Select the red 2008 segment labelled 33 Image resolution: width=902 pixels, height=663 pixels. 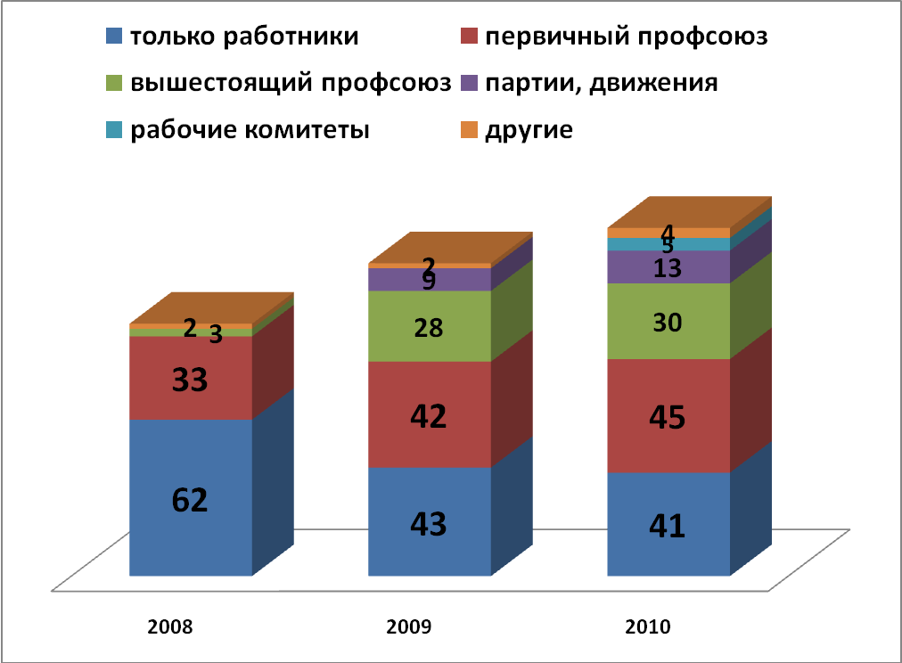(x=191, y=379)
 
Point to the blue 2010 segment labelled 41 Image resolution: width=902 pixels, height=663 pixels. (x=668, y=524)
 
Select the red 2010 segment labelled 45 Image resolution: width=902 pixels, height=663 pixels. (x=668, y=415)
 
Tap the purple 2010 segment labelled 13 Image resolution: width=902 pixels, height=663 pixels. (x=668, y=267)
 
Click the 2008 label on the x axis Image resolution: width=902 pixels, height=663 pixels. (x=170, y=626)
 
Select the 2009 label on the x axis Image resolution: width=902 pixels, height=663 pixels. (x=409, y=626)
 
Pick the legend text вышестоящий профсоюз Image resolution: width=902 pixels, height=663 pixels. (x=291, y=84)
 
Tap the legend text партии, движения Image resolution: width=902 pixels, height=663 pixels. (x=602, y=84)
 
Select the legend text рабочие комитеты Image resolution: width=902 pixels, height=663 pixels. (x=250, y=130)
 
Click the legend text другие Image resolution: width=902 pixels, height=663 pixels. (x=529, y=130)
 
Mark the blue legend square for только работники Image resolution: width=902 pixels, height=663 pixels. (x=114, y=37)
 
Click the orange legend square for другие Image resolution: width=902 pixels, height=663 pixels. (x=469, y=130)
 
